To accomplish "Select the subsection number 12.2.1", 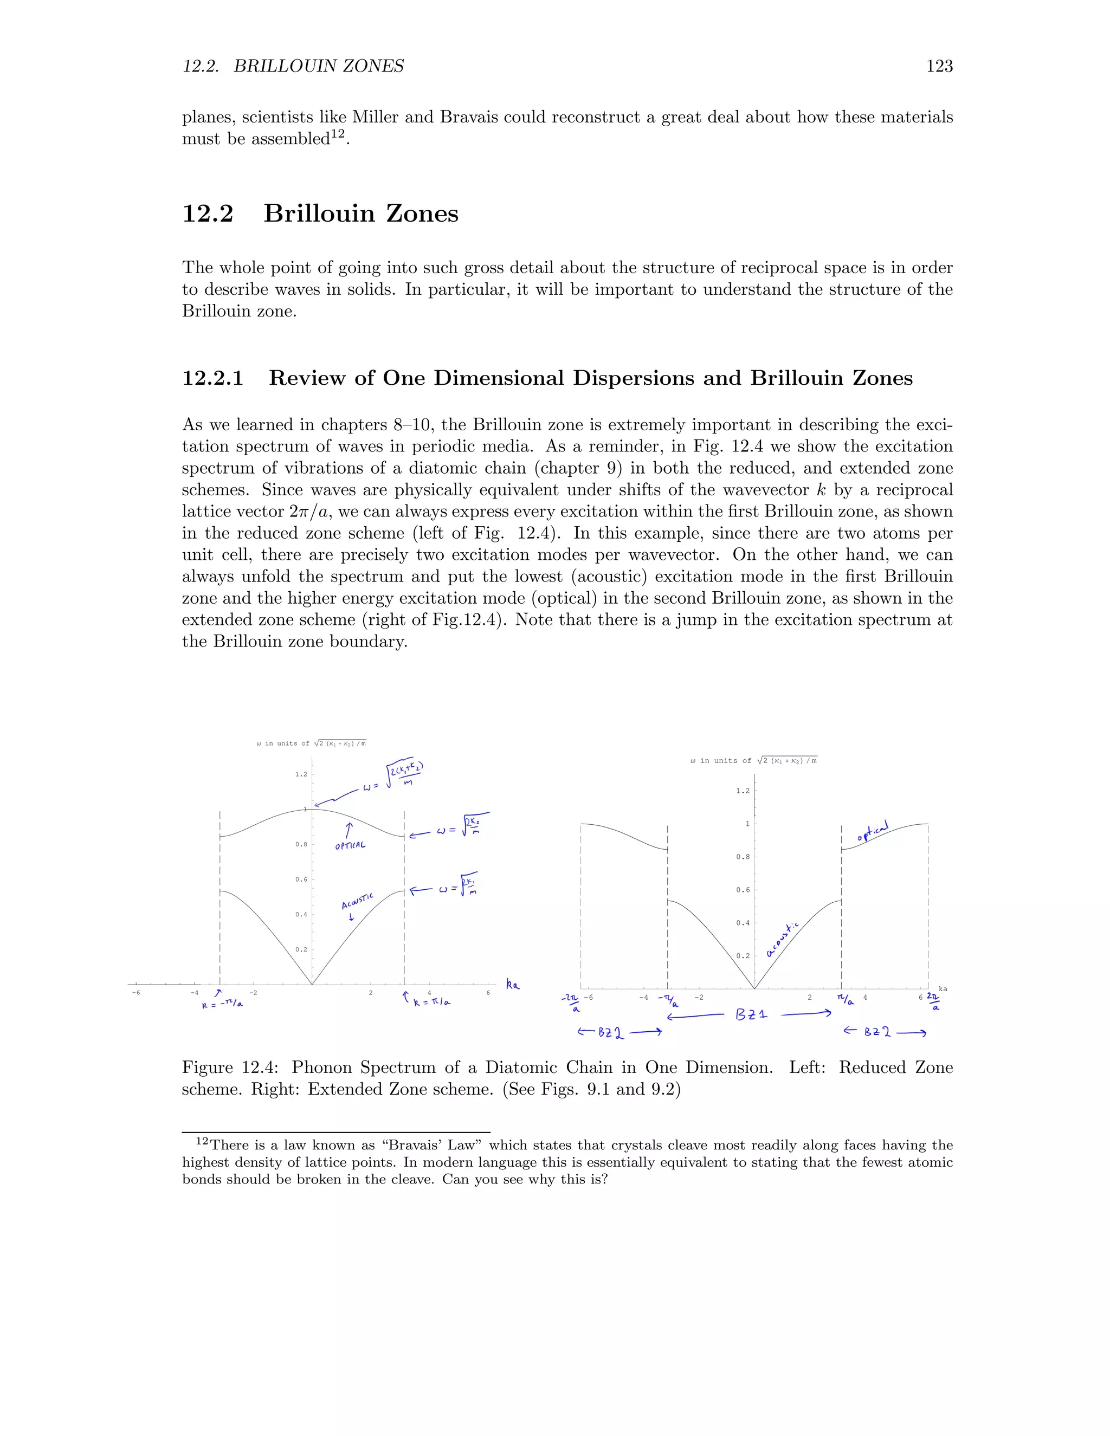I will tap(212, 378).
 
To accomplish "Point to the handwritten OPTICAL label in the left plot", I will tap(350, 845).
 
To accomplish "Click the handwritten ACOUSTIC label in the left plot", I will tap(357, 901).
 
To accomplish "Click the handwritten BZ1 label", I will tap(751, 1014).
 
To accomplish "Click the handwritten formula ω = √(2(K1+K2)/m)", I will tap(393, 775).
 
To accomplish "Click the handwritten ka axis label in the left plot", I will tap(512, 984).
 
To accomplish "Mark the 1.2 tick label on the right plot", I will tap(743, 791).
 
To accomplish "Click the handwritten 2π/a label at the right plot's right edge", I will tap(934, 1001).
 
